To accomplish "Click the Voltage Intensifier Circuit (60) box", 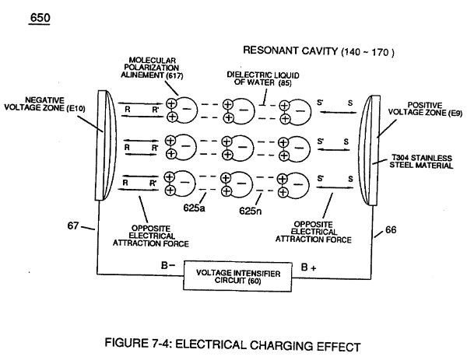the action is [237, 277].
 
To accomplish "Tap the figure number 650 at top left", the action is [40, 18].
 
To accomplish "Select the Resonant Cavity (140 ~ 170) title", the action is [318, 51].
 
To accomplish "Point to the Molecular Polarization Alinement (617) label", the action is [152, 68].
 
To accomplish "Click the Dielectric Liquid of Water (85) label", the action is [263, 79].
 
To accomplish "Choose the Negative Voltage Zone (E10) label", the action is [44, 104].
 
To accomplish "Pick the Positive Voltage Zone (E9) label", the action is [425, 109].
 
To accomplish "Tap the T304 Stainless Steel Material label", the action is [421, 162].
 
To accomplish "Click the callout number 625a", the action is [194, 208].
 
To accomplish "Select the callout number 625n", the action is [251, 211].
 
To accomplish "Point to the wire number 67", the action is [73, 225].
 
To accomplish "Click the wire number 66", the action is [391, 230].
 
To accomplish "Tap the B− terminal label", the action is [168, 265].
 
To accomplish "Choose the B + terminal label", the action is [309, 267].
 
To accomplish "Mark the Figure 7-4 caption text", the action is [233, 344].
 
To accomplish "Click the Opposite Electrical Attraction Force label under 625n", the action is [314, 232].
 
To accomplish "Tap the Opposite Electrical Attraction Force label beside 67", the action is [151, 236].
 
